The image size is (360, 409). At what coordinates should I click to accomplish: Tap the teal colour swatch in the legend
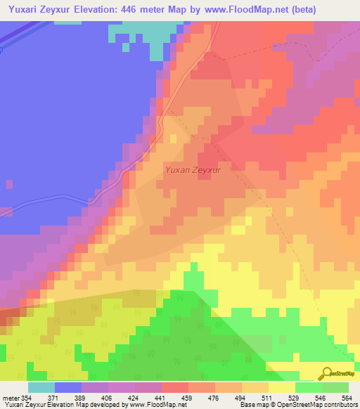pos(41,387)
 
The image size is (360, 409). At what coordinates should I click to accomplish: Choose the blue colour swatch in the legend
pos(68,387)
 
